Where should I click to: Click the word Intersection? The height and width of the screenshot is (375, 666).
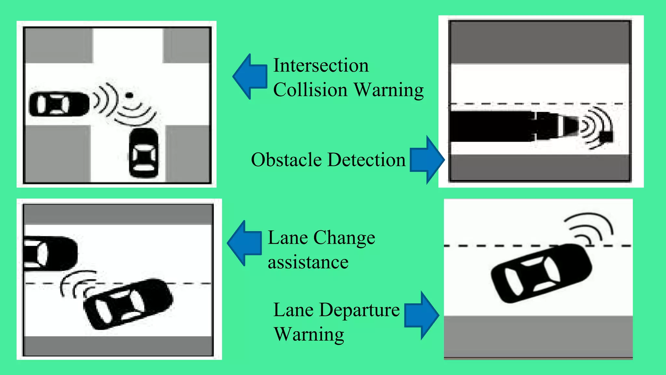[x=321, y=65]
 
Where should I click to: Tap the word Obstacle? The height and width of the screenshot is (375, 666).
[x=286, y=160]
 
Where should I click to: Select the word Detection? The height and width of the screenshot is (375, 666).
[x=366, y=160]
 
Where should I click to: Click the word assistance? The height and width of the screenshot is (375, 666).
[x=308, y=262]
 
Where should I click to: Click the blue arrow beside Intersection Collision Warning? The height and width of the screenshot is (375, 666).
[x=250, y=76]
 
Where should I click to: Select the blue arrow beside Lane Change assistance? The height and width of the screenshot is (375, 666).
[x=245, y=243]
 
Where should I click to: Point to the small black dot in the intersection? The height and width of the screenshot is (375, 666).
[x=129, y=95]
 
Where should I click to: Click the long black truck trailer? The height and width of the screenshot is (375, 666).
[x=491, y=126]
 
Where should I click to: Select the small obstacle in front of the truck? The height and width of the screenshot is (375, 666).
[x=606, y=137]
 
